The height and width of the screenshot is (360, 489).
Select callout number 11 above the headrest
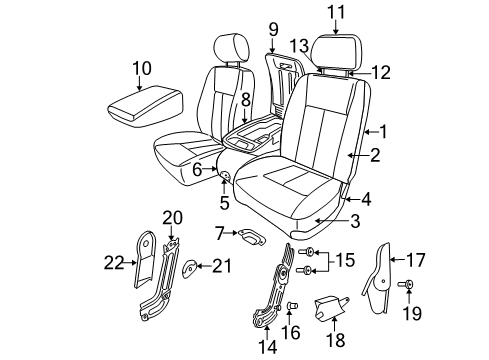[335, 12]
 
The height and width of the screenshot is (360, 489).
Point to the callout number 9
[273, 29]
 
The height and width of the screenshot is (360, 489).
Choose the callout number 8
[245, 99]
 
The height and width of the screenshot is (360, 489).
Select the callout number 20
[172, 217]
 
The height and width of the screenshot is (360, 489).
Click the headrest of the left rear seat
[226, 46]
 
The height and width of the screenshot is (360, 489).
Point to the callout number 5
[225, 201]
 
